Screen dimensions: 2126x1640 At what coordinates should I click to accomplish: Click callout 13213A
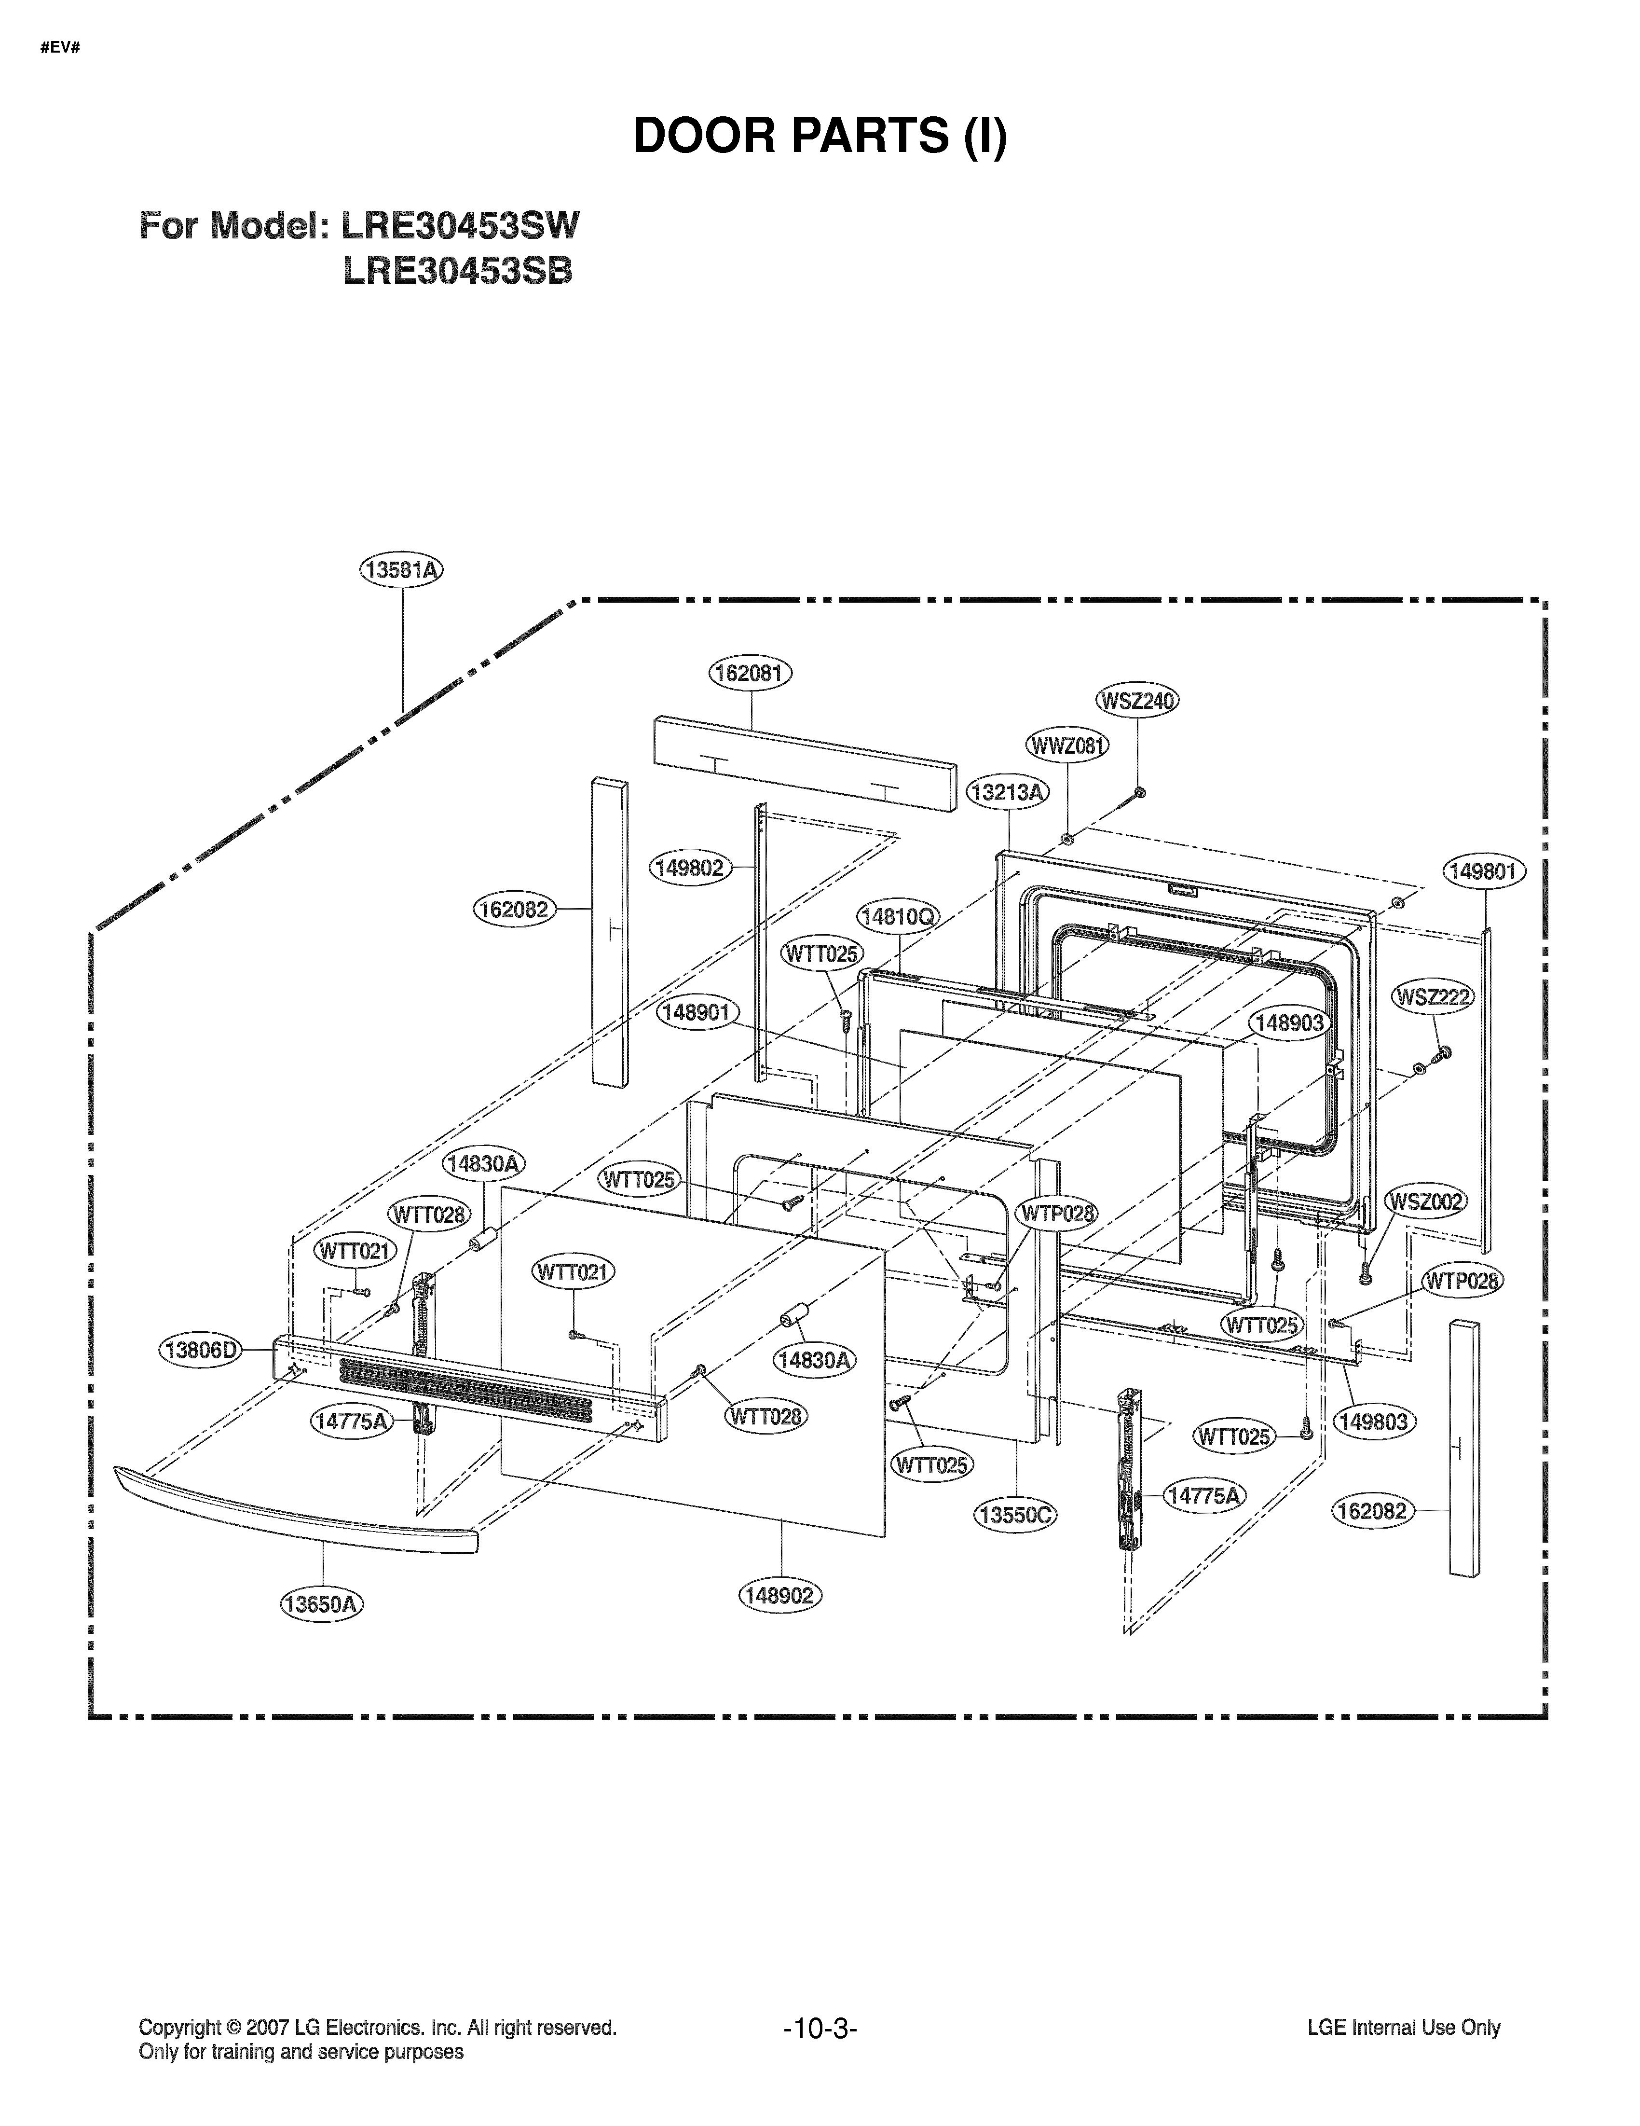(1007, 792)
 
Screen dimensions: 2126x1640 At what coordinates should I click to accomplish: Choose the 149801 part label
(1483, 871)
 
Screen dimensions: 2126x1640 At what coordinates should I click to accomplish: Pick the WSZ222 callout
(1434, 997)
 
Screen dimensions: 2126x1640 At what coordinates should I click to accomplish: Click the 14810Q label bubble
(897, 916)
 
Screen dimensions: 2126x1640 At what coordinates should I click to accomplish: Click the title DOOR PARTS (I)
(820, 136)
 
